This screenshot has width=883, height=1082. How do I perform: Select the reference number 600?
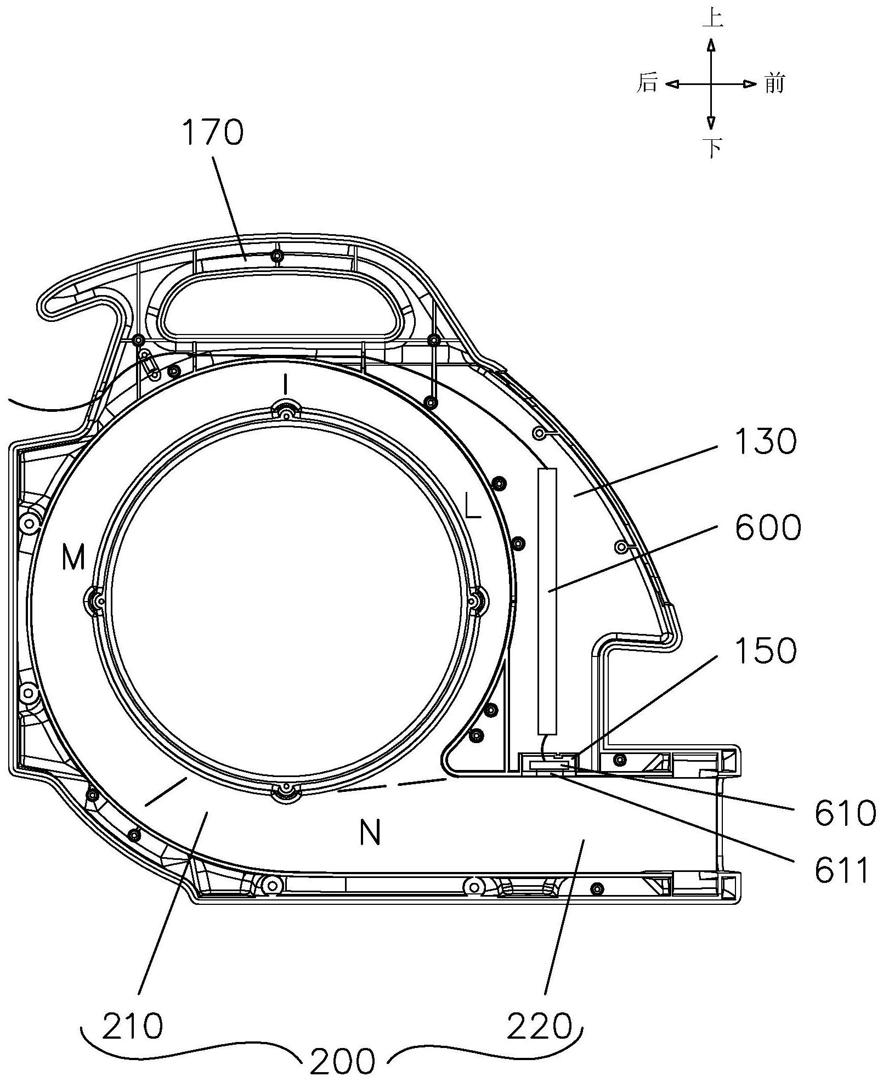coord(768,528)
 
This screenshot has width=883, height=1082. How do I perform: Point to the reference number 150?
coord(766,651)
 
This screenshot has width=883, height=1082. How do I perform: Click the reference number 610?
coord(845,813)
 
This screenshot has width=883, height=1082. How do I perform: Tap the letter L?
coord(473,507)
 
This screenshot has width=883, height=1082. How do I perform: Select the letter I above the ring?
coord(285,386)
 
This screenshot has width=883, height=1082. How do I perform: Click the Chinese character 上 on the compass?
coord(712,18)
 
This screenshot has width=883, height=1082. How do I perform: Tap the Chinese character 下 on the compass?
coord(712,147)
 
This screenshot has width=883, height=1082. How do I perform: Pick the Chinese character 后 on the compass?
coord(647,83)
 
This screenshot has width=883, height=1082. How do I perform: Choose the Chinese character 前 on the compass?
coord(774,84)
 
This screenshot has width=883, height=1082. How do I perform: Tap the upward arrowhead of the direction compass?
coord(711,45)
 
